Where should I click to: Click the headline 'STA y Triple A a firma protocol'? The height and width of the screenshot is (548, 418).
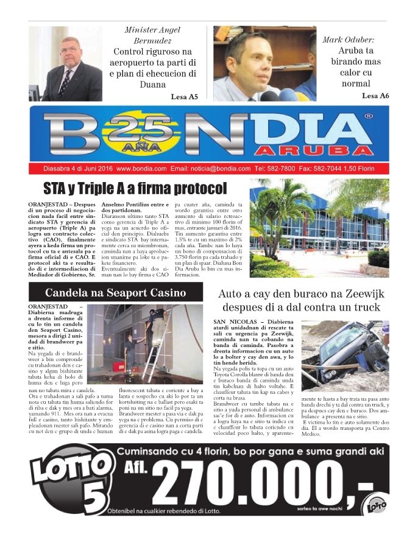click(135, 189)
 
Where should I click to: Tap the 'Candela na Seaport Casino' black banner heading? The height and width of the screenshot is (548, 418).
click(116, 292)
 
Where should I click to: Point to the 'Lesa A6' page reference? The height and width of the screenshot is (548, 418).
click(375, 96)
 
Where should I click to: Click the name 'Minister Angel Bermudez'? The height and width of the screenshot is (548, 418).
click(152, 35)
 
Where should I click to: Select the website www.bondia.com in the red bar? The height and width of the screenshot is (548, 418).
click(141, 169)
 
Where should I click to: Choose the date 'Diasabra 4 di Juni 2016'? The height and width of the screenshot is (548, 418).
click(78, 169)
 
